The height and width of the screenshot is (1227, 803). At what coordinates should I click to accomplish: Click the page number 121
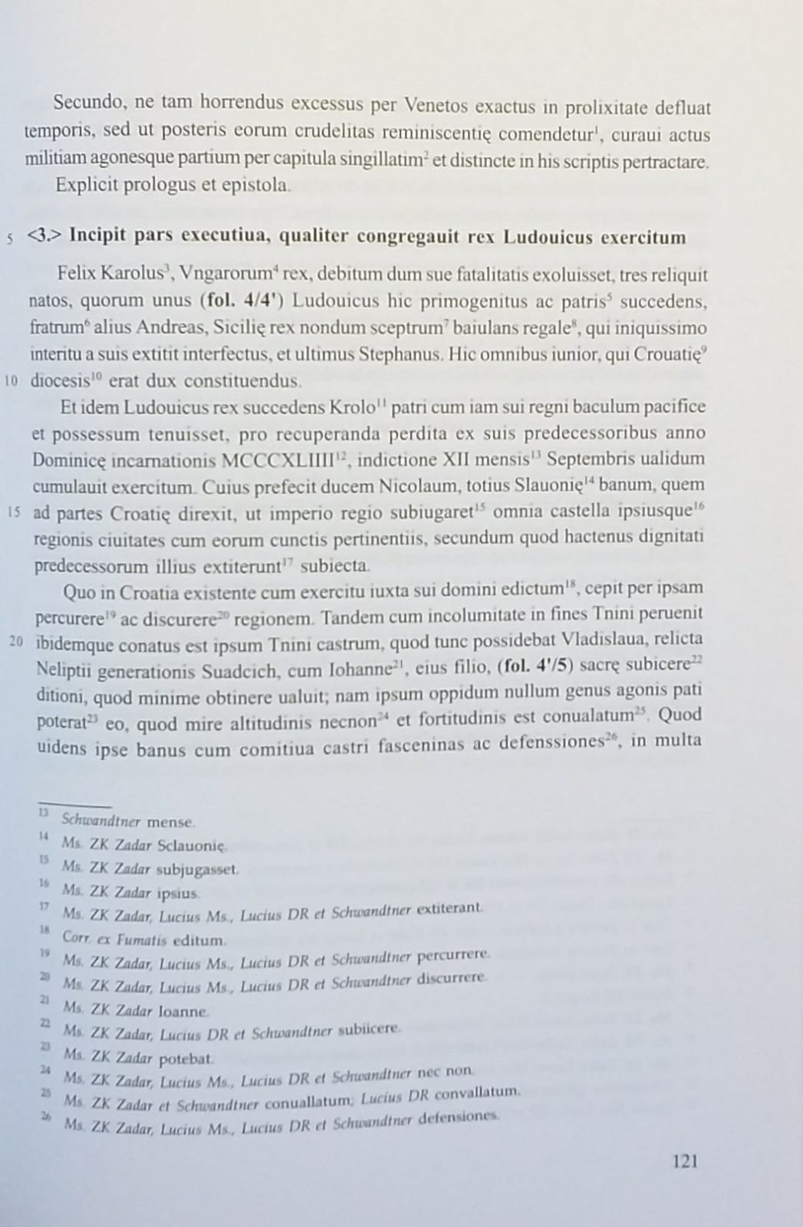[x=684, y=1162]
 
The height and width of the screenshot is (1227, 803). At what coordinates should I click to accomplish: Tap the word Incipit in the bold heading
[x=97, y=236]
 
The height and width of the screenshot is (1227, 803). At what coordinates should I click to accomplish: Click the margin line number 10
[x=12, y=381]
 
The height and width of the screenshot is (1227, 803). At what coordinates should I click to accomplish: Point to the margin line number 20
[x=16, y=641]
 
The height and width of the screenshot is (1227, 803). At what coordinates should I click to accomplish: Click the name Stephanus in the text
[x=400, y=354]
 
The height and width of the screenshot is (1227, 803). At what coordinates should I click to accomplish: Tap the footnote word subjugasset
[x=197, y=870]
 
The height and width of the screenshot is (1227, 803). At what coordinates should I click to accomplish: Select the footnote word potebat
[x=186, y=1059]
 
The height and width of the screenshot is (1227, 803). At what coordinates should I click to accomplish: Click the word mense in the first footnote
[x=169, y=822]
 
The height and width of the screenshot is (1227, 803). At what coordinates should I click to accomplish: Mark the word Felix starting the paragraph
[x=76, y=275]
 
